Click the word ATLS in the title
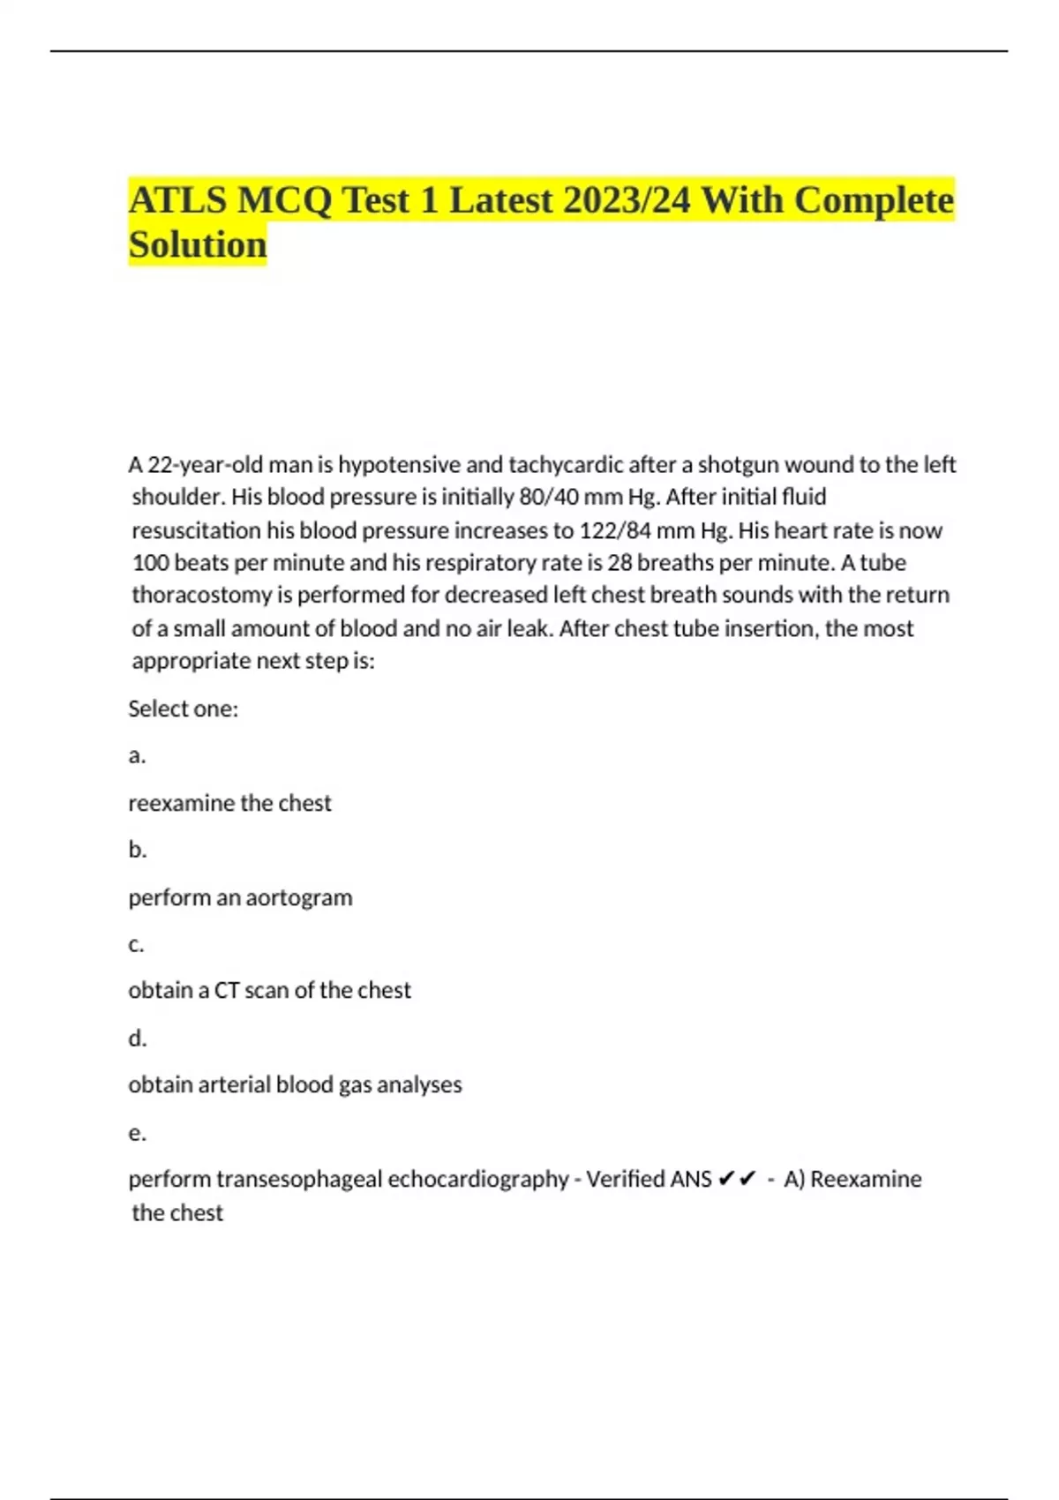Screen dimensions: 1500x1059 tap(177, 200)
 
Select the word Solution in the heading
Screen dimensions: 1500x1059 tap(197, 244)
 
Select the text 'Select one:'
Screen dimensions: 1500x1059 tap(183, 709)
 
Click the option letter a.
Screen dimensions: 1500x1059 tap(136, 756)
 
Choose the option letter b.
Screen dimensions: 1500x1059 tap(137, 850)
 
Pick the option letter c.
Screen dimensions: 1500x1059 tap(136, 944)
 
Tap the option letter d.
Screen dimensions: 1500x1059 tap(137, 1039)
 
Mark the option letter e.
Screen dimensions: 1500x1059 tap(136, 1133)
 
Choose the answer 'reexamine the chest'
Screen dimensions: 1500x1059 tap(229, 803)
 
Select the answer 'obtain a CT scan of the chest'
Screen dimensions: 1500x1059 tap(269, 990)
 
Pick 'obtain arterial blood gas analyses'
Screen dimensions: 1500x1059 tap(295, 1084)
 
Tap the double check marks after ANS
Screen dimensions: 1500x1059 tap(737, 1179)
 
